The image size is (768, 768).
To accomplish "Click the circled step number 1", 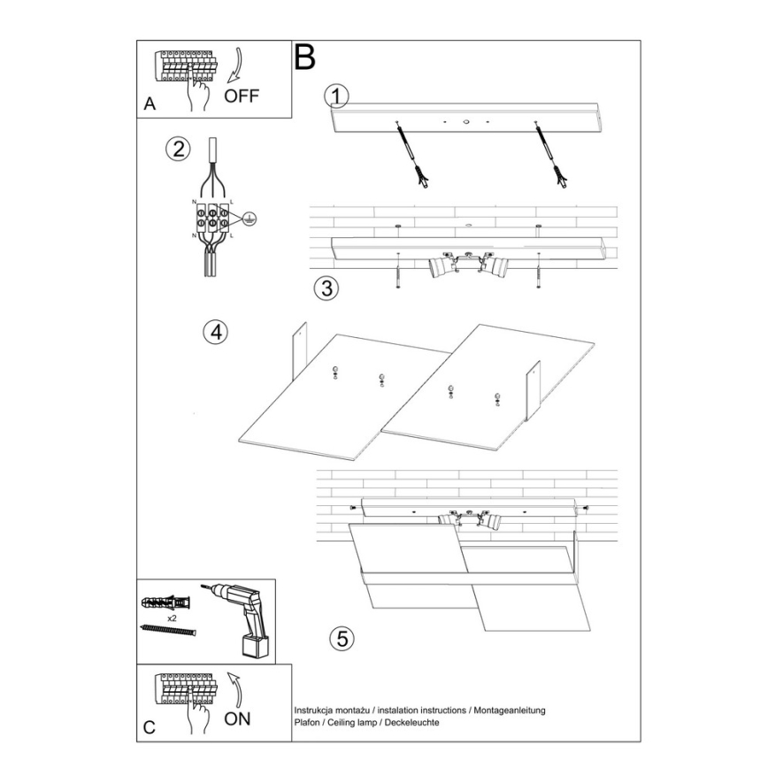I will pyautogui.click(x=336, y=96).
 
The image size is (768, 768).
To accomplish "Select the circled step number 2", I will pyautogui.click(x=179, y=149).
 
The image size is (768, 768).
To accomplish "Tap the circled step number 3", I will pyautogui.click(x=327, y=288).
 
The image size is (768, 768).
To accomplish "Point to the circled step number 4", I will pyautogui.click(x=214, y=333).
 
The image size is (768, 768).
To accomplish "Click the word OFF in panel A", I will pyautogui.click(x=242, y=96).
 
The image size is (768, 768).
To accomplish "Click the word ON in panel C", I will pyautogui.click(x=237, y=718).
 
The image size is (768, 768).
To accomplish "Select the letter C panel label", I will pyautogui.click(x=150, y=728).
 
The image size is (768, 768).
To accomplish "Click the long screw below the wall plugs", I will pyautogui.click(x=167, y=630).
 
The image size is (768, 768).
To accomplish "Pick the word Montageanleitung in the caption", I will pyautogui.click(x=510, y=711).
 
